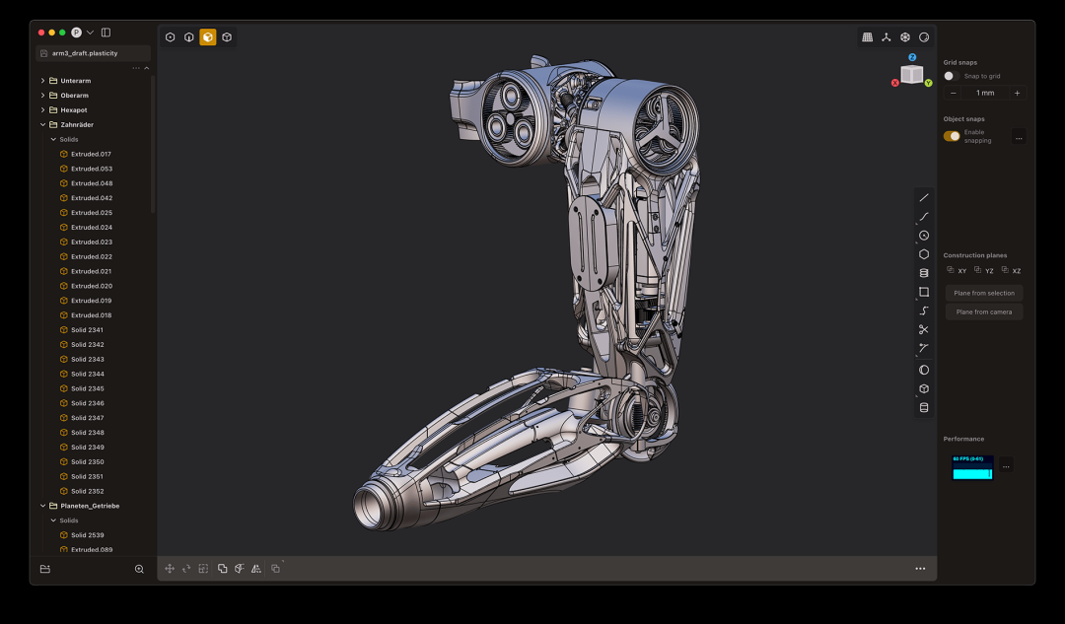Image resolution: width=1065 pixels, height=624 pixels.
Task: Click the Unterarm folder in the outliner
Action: coord(76,81)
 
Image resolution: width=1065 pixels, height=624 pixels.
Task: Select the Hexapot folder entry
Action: coord(74,110)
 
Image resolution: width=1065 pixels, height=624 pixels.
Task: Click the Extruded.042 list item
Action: coord(91,198)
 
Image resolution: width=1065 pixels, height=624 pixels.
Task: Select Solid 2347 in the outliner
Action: coord(87,418)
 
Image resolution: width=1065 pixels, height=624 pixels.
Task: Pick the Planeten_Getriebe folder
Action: coord(90,506)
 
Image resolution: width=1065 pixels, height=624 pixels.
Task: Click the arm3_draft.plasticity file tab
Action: coord(91,53)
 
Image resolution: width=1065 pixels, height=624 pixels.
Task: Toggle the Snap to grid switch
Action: coord(951,76)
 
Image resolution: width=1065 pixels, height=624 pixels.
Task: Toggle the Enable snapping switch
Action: coord(952,136)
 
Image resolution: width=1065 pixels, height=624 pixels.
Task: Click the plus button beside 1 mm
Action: coord(1017,93)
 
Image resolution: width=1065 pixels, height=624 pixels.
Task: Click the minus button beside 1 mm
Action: coord(953,93)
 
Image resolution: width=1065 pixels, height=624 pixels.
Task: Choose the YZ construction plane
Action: coord(983,270)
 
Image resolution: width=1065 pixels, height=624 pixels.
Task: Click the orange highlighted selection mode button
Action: coord(208,37)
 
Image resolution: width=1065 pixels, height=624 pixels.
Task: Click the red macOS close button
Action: coord(41,33)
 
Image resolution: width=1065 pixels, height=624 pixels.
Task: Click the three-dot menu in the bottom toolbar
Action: coord(920,569)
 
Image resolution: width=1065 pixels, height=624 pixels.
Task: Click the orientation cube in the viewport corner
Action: coord(912,74)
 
